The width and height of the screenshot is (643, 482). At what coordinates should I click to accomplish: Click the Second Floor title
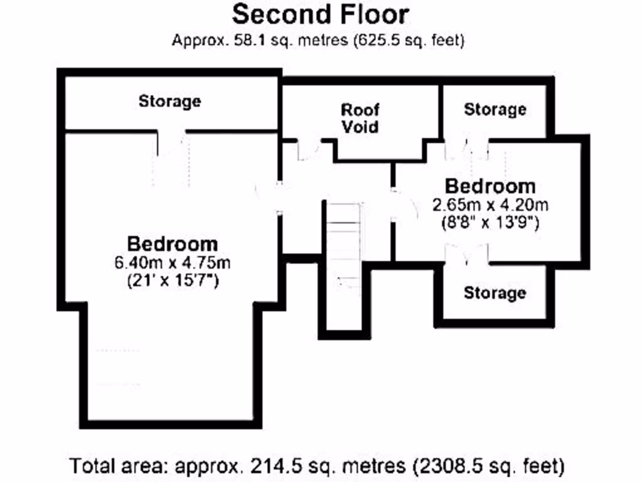(x=320, y=14)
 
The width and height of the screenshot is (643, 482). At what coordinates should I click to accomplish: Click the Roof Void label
(x=360, y=118)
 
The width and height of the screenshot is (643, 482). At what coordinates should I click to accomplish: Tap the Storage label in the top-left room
(x=170, y=100)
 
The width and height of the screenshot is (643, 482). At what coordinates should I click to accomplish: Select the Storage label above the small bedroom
(x=495, y=109)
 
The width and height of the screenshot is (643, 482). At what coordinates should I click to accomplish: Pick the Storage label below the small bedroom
(x=495, y=292)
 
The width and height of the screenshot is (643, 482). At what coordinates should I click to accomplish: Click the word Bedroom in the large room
(x=172, y=244)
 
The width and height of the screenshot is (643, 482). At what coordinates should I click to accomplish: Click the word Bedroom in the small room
(x=490, y=186)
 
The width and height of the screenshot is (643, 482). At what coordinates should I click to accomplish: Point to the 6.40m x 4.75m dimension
(x=172, y=262)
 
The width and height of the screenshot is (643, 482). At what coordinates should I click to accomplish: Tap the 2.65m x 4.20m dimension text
(x=490, y=205)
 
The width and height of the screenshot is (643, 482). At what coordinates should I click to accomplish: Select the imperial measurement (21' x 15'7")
(x=172, y=281)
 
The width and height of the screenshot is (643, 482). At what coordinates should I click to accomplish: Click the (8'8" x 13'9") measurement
(x=490, y=223)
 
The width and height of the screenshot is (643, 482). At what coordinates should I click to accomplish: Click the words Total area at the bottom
(x=119, y=466)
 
